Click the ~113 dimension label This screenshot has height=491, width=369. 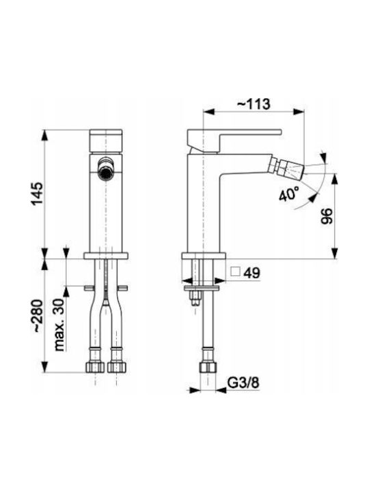coord(254,104)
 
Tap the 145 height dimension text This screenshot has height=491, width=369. coord(38,193)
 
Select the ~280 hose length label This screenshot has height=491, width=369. coord(38,316)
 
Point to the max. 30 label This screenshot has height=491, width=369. coord(59,325)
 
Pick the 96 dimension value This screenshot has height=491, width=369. coord(327,216)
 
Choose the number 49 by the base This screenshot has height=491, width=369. coord(252,273)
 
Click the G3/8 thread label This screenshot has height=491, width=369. coord(243,383)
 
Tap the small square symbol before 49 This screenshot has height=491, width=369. coord(235,272)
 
